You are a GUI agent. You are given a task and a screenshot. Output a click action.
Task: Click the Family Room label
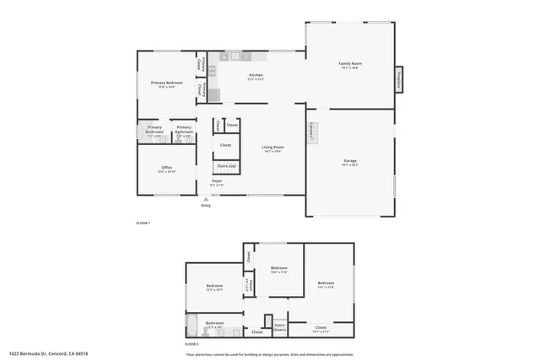coord(350,65)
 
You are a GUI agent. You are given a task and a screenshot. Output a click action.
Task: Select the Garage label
coord(350,162)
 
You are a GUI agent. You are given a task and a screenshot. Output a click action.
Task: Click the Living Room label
coord(273,148)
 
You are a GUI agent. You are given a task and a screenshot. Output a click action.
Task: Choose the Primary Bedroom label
coord(167,83)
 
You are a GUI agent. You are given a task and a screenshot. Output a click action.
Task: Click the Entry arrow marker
coord(206,199)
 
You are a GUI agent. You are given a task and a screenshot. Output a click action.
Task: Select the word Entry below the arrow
coord(206,206)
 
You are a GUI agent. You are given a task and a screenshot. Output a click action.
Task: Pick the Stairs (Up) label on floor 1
coord(227,167)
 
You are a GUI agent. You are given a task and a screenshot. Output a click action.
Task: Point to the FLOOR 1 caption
coord(143,223)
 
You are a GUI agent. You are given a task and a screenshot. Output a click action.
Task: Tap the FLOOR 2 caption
coord(192,344)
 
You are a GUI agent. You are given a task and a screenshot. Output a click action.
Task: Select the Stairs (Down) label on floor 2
coord(280,325)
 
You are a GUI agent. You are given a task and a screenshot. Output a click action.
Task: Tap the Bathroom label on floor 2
coord(214,322)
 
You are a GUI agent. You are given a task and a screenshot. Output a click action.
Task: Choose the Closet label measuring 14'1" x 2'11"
coord(321,328)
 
